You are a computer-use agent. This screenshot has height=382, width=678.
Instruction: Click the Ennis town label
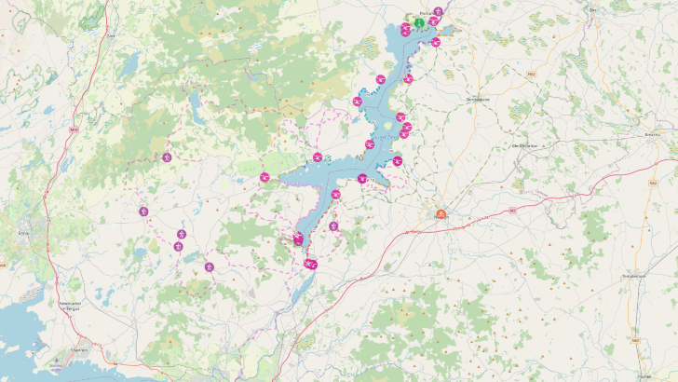23,233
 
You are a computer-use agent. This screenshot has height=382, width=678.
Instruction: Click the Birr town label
592,10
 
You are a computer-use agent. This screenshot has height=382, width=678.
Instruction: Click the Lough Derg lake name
386,137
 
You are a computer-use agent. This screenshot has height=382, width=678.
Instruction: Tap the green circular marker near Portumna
420,22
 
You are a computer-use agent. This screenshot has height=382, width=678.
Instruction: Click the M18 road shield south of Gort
74,130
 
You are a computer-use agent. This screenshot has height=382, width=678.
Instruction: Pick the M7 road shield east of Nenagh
513,210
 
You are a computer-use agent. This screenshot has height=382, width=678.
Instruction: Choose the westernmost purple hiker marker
143,211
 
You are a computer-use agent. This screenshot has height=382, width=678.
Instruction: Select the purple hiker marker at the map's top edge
438,10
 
